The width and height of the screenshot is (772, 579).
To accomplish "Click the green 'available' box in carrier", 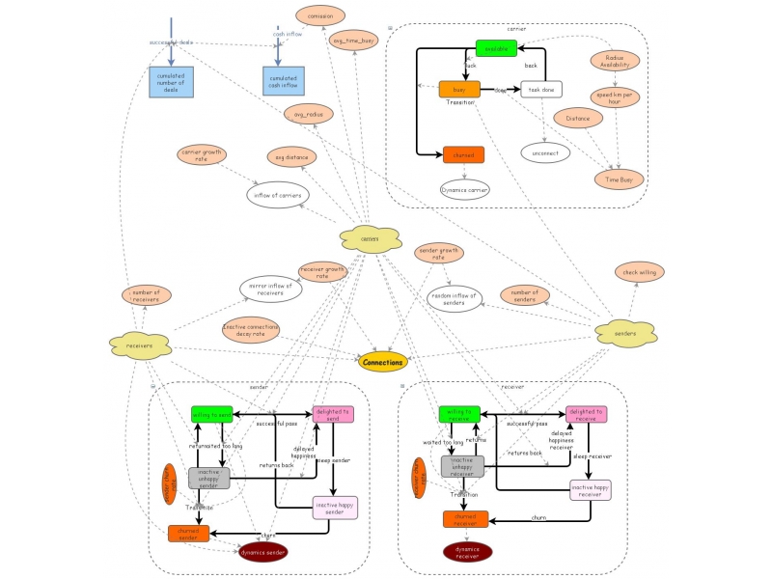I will (x=496, y=48).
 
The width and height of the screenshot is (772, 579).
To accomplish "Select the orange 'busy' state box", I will (x=459, y=89).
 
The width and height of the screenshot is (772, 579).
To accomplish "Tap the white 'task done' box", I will (x=541, y=90).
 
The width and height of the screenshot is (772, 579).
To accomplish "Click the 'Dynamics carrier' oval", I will (x=465, y=189).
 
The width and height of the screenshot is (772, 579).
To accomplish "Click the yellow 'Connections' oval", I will (x=383, y=362).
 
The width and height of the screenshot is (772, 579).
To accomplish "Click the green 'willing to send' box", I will (x=212, y=415).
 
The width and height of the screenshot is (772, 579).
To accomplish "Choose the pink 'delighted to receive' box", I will (x=586, y=414).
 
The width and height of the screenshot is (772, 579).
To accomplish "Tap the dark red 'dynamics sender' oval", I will (x=263, y=551).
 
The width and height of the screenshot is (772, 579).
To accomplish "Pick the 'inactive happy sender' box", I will (x=335, y=507).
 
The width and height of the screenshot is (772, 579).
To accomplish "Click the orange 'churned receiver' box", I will (x=467, y=519).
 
